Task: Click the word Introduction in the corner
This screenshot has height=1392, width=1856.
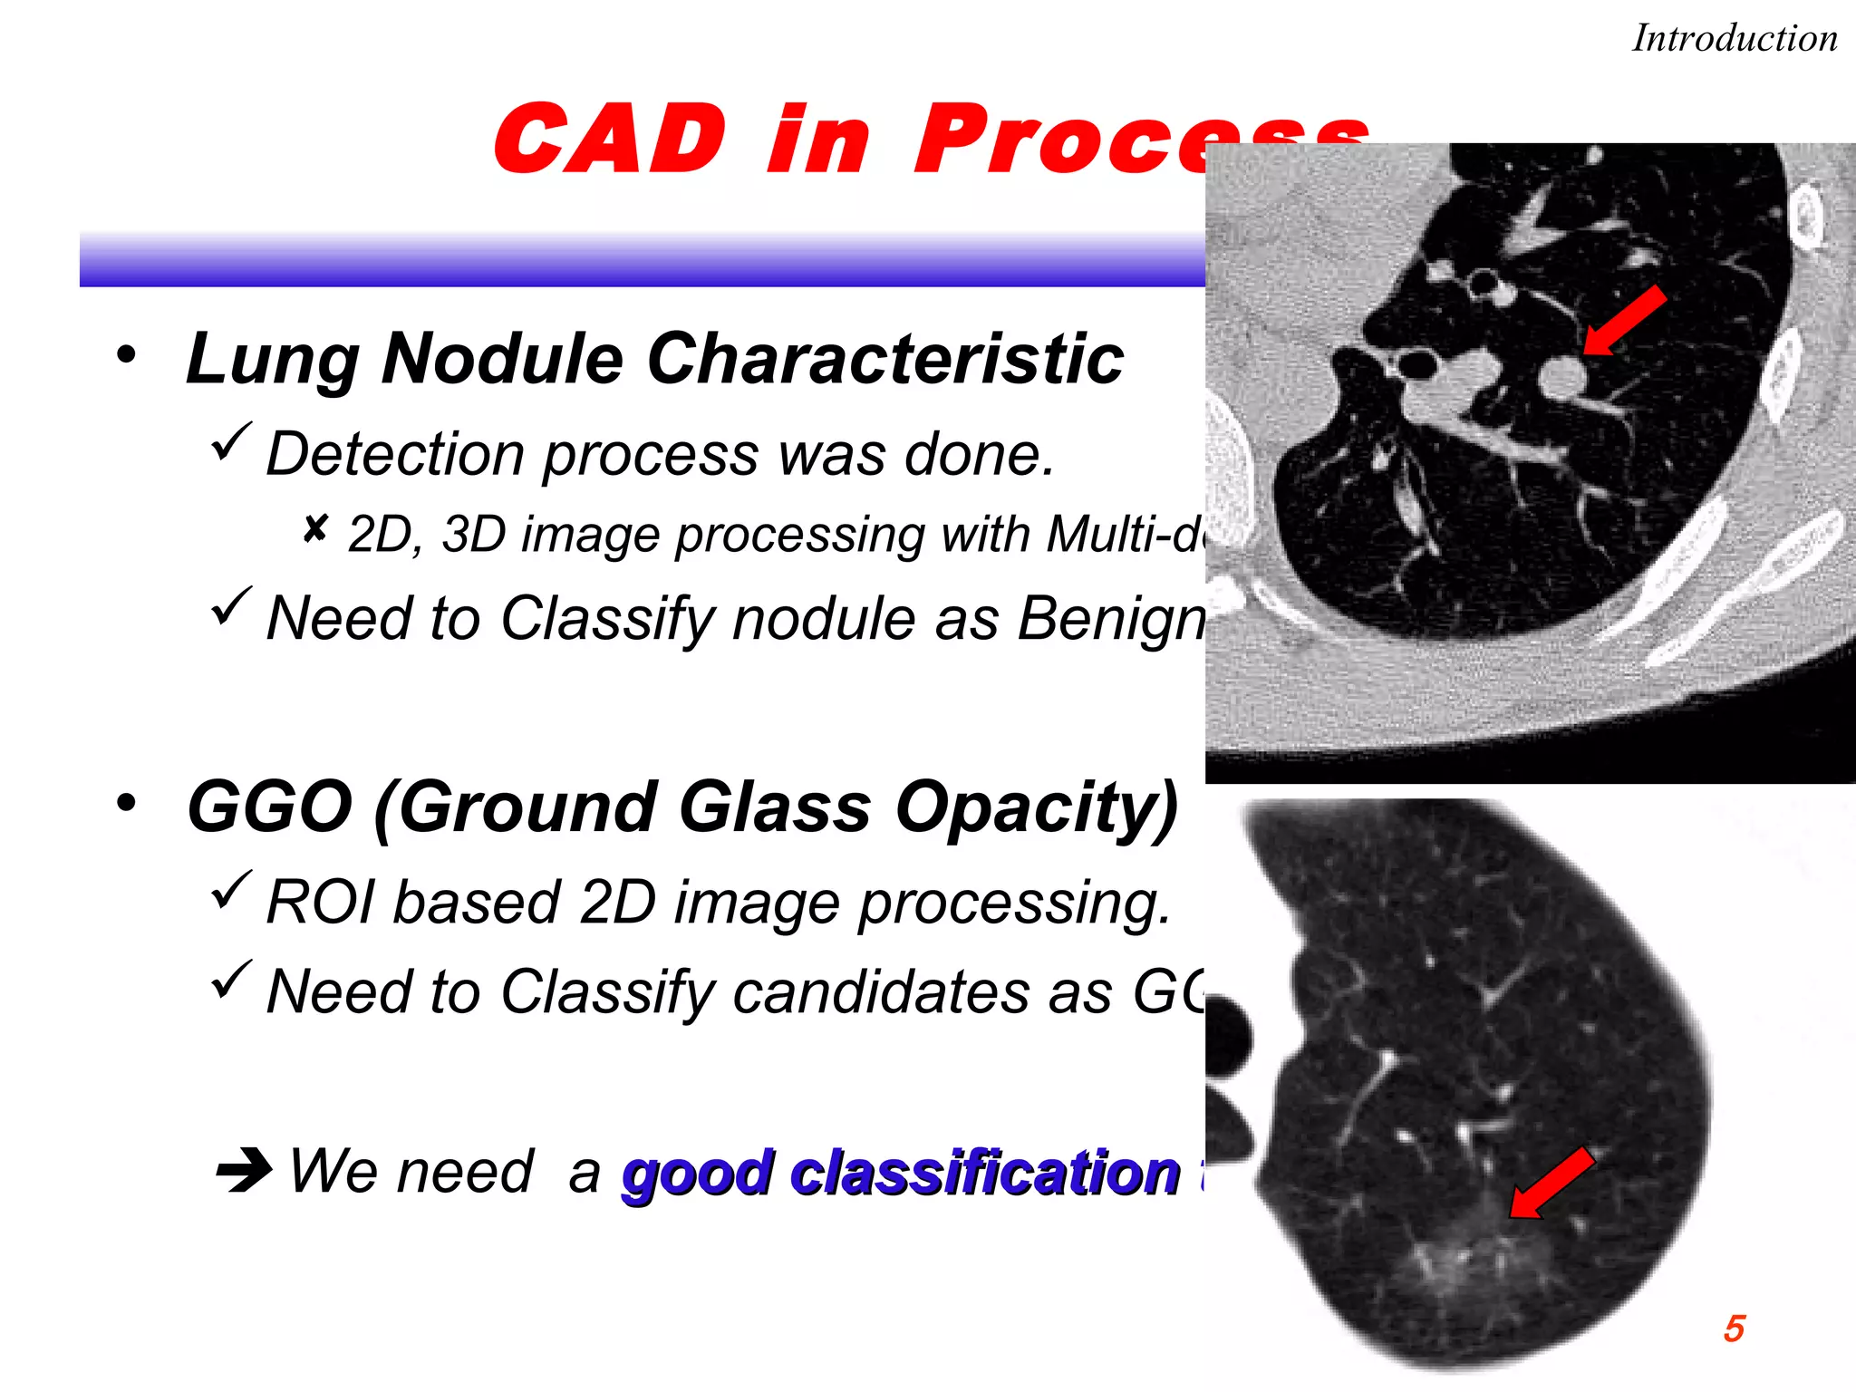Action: click(1734, 39)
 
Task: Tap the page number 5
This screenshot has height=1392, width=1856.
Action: click(1734, 1329)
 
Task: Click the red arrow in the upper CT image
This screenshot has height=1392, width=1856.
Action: click(1625, 320)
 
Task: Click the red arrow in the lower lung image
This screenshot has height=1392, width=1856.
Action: click(1551, 1184)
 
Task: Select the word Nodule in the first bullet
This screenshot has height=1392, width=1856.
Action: click(501, 359)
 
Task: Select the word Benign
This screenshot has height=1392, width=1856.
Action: click(1111, 620)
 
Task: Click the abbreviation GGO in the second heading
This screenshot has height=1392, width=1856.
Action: click(269, 807)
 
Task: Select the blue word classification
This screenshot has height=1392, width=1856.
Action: click(984, 1174)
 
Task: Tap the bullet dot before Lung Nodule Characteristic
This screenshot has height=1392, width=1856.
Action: click(126, 354)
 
